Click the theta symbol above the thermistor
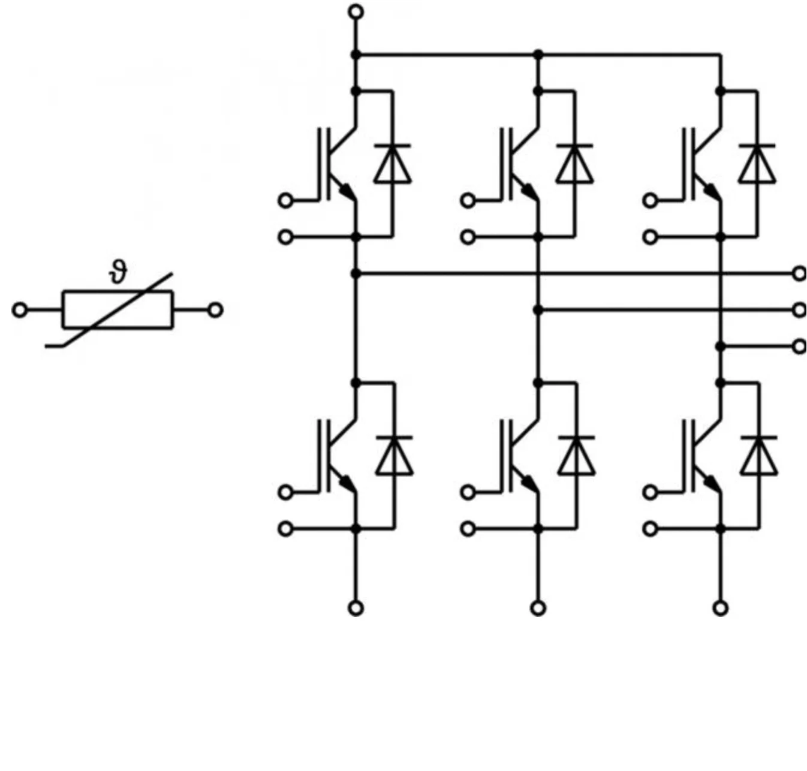point(119,273)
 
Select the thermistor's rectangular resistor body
point(118,310)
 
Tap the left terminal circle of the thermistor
point(20,310)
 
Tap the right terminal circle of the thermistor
point(216,310)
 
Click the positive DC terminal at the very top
point(356,11)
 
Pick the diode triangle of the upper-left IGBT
point(393,164)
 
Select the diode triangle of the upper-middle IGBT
point(574,164)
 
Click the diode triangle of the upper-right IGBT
point(757,164)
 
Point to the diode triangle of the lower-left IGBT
point(395,456)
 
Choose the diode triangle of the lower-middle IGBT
point(577,456)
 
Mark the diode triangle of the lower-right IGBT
point(759,456)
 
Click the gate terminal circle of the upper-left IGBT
point(286,200)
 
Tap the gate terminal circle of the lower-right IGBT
point(650,492)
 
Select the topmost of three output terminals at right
point(799,273)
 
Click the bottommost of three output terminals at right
point(799,347)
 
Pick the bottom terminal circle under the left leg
point(356,608)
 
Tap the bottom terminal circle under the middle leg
point(538,608)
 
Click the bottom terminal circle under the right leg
point(721,608)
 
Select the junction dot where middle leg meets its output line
point(538,310)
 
